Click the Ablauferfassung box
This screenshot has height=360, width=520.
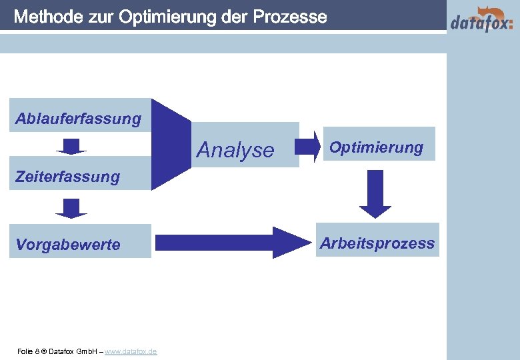click(79, 118)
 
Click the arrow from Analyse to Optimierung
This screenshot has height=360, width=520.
click(307, 146)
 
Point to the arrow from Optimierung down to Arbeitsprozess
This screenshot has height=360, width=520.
click(375, 193)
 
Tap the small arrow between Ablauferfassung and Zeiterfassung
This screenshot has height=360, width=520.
click(71, 146)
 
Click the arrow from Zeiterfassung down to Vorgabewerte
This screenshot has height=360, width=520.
click(71, 208)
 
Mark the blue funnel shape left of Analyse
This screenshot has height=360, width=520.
click(170, 143)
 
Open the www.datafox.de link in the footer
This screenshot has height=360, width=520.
click(131, 351)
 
